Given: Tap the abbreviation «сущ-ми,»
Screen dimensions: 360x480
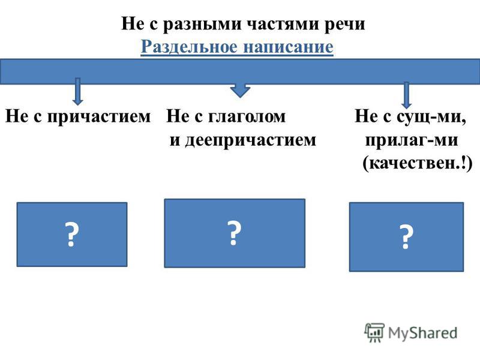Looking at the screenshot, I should coord(431,116).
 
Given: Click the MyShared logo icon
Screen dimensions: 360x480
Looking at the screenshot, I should coord(374,332).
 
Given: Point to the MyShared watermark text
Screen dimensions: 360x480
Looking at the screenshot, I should coord(422,333).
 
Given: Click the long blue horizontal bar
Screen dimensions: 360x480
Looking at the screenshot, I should coord(240,71).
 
